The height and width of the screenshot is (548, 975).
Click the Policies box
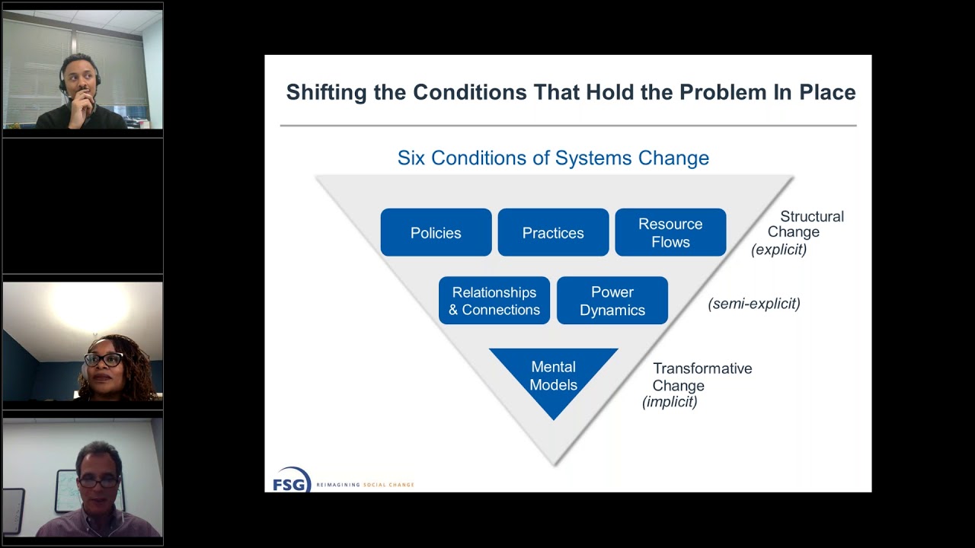point(436,233)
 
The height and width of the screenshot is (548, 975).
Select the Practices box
point(553,233)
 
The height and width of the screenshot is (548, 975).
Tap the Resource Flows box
point(670,233)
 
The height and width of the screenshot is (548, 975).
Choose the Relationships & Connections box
point(494,301)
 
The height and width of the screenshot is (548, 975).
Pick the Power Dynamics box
point(612,301)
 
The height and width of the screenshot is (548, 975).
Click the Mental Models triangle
point(554,377)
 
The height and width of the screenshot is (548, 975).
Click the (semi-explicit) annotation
point(754,304)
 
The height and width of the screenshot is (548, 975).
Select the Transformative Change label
point(702,377)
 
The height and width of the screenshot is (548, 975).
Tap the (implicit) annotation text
point(670,402)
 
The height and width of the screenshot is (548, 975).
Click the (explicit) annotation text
point(778,250)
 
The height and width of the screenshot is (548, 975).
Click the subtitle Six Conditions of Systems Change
point(553,158)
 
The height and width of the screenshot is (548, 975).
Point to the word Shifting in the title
point(326,93)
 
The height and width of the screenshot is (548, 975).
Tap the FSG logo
point(291,480)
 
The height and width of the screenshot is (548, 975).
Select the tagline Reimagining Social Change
point(365,485)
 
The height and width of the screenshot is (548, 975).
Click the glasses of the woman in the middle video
point(103,359)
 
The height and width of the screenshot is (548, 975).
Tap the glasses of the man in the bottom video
point(98,482)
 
